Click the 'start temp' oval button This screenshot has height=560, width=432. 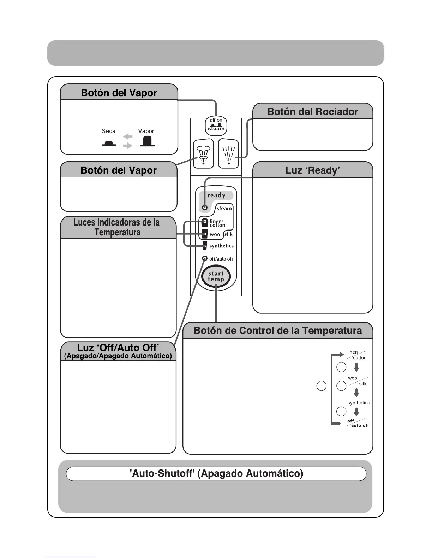[x=216, y=276]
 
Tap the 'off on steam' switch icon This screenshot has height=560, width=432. [x=216, y=126]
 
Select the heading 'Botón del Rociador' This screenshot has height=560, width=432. [x=313, y=112]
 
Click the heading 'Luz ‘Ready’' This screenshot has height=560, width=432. [x=313, y=170]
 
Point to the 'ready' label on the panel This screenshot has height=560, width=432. [x=216, y=196]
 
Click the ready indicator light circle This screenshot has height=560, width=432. [x=205, y=208]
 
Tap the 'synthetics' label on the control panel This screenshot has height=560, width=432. [x=221, y=246]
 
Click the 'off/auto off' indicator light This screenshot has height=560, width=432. [x=205, y=258]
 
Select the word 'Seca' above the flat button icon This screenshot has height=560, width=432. [x=109, y=131]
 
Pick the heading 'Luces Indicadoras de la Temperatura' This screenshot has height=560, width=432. [x=117, y=227]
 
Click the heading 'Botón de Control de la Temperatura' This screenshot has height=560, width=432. [x=278, y=331]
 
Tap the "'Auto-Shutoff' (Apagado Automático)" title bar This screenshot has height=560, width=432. [x=216, y=474]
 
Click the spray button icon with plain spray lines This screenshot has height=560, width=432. [x=229, y=154]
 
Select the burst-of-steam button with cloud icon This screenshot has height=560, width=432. [x=203, y=154]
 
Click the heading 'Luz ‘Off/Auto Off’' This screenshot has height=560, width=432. [x=118, y=348]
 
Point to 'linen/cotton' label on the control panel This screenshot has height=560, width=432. [x=217, y=223]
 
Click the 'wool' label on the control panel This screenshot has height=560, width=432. [x=215, y=234]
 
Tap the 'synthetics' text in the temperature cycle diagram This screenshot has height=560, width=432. [x=359, y=403]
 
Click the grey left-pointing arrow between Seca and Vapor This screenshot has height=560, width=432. [x=128, y=136]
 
